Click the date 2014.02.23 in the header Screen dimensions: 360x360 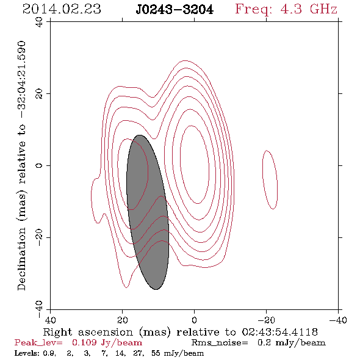[62, 9]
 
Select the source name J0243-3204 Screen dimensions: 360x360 [175, 9]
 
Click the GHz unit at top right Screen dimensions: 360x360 [323, 9]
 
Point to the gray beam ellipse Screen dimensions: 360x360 [148, 212]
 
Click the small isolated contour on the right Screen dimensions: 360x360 [270, 180]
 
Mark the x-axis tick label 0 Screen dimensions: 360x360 [194, 320]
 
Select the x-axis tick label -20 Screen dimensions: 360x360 [266, 320]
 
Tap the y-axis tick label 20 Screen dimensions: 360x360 [39, 94]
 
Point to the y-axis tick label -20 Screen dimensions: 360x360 [39, 237]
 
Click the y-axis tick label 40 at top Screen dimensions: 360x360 [39, 22]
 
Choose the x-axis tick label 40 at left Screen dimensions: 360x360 [50, 320]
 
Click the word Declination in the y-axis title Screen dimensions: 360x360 [21, 259]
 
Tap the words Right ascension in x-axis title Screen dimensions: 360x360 [88, 332]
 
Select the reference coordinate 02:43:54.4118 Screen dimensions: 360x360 [280, 332]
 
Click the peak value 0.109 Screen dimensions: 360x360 [84, 342]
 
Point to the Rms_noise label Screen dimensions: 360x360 [220, 343]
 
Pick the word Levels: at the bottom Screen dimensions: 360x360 [27, 353]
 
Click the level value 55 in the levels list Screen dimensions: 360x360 [156, 353]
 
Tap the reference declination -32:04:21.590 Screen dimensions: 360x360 [21, 79]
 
